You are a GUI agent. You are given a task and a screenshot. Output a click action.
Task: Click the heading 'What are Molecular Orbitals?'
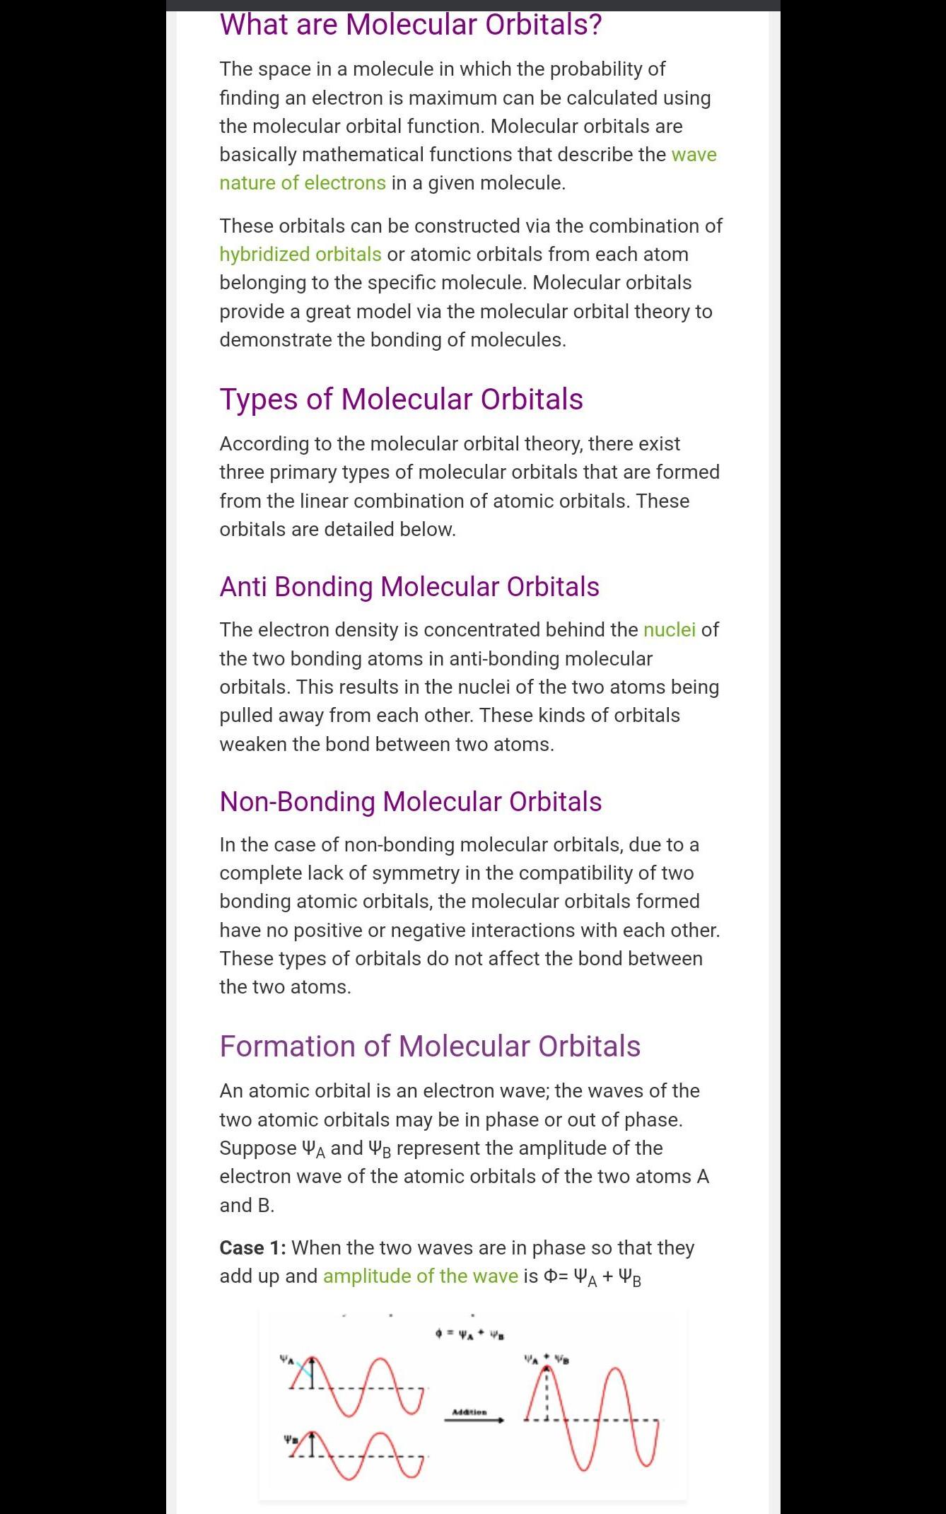[x=410, y=25]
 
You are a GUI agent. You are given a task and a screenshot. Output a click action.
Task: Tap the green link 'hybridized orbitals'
[x=300, y=254]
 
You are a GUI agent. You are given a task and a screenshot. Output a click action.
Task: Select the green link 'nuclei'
[x=669, y=629]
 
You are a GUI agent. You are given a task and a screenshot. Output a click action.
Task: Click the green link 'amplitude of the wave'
[x=420, y=1276]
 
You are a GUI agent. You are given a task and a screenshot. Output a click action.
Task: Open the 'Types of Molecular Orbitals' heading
[x=401, y=400]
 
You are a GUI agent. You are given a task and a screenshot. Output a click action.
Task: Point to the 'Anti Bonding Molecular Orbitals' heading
[x=409, y=587]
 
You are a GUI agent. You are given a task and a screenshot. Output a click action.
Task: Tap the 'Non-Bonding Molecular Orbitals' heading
[x=410, y=802]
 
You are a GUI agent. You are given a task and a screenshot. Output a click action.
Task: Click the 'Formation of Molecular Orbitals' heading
[x=429, y=1047]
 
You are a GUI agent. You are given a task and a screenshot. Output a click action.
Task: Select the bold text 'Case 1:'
[x=252, y=1247]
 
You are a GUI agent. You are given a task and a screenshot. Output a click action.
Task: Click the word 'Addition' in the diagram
[x=469, y=1411]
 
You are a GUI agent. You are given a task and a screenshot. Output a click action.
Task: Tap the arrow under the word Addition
[x=474, y=1420]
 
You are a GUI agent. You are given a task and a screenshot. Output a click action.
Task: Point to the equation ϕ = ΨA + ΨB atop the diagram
[x=469, y=1334]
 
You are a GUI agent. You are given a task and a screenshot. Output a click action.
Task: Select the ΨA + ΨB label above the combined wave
[x=546, y=1358]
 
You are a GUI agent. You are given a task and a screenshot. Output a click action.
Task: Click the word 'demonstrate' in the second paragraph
[x=275, y=339]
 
